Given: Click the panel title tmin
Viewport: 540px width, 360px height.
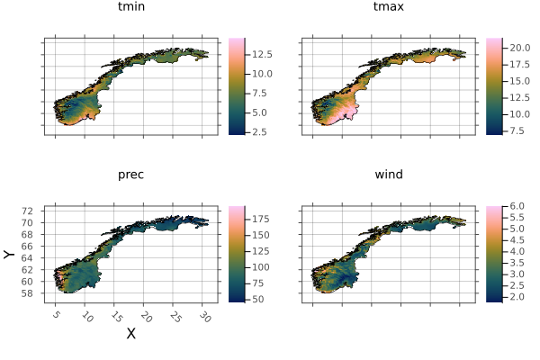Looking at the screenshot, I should coord(130,7).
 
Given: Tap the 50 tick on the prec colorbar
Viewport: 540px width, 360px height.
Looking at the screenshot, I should coord(258,298).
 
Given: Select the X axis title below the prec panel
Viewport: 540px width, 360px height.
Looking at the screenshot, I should coord(130,334).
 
